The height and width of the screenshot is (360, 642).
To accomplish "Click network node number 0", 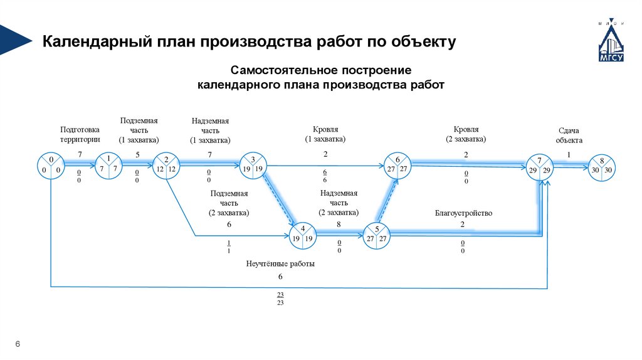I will [x=51, y=166].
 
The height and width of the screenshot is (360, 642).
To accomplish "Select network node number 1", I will [x=108, y=166].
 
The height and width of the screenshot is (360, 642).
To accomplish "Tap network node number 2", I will [x=166, y=166].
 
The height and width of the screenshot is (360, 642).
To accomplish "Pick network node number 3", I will [x=253, y=166].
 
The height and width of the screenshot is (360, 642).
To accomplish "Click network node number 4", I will [x=302, y=235].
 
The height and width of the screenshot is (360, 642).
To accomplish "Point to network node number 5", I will [x=377, y=235].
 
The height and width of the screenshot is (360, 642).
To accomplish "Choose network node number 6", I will [x=397, y=166].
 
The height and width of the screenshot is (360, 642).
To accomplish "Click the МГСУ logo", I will [x=610, y=44].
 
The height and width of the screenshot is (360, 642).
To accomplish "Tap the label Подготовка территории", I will [x=80, y=135].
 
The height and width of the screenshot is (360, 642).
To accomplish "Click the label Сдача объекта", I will [x=569, y=135].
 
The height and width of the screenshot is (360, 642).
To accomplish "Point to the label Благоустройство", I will [x=463, y=213].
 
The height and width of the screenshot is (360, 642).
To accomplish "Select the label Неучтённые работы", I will [x=280, y=264].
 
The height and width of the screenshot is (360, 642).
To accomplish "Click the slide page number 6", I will [x=18, y=344].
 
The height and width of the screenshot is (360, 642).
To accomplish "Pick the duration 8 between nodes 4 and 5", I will [x=339, y=224].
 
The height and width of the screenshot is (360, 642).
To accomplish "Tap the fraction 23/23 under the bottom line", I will [x=280, y=299].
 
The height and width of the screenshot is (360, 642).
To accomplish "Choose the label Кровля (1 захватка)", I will [x=325, y=134].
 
